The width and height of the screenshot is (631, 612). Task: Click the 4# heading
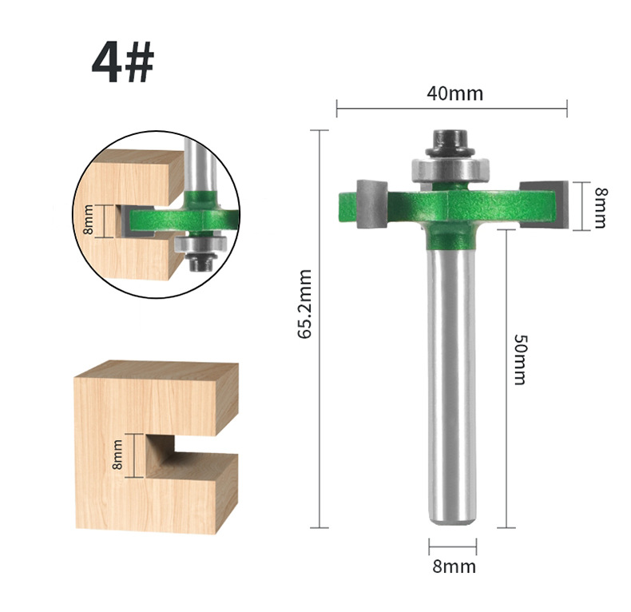(123, 62)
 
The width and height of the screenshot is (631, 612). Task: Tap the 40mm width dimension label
(454, 93)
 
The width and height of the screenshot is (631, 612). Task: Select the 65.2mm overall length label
(305, 304)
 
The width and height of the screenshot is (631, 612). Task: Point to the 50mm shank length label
(520, 360)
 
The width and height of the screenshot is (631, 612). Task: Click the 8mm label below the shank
(454, 566)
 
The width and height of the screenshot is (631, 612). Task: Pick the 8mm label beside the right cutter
(600, 207)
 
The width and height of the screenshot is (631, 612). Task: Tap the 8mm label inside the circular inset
(89, 220)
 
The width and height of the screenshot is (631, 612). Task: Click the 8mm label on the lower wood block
(117, 455)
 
